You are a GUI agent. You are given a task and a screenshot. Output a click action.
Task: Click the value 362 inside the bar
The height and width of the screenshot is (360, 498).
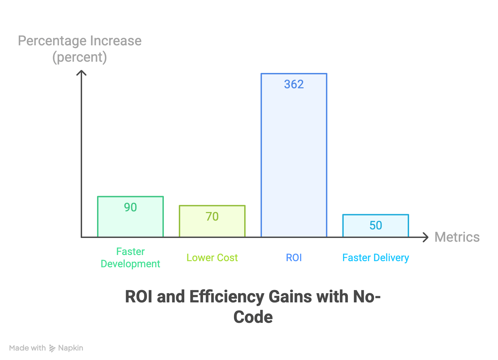click(294, 84)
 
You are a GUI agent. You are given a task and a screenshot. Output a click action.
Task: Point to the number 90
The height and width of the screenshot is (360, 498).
click(130, 207)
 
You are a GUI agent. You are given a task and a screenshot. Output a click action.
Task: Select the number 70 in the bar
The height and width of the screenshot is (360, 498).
click(212, 216)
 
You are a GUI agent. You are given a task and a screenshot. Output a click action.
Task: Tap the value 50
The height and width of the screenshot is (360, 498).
click(376, 225)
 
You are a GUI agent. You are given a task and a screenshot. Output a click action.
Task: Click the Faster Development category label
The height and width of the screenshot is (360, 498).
click(130, 257)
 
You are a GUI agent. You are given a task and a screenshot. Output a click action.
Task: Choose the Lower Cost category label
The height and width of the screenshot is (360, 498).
click(212, 257)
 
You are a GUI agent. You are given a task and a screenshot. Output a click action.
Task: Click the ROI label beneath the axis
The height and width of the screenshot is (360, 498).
click(294, 257)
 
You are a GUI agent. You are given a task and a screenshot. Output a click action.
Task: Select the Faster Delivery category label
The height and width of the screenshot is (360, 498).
click(375, 257)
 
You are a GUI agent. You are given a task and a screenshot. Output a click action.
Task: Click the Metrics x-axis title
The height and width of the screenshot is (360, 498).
click(457, 237)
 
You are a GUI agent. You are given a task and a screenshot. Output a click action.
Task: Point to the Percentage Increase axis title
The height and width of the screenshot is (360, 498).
click(80, 41)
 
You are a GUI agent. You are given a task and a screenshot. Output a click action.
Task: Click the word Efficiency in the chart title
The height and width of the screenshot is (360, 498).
click(226, 297)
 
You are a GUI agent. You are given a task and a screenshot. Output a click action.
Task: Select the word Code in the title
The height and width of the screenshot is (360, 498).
click(253, 317)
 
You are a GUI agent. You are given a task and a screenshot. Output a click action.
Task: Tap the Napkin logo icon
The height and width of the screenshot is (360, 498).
click(52, 348)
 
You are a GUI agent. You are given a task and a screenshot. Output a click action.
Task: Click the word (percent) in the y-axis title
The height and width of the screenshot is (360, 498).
click(80, 57)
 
